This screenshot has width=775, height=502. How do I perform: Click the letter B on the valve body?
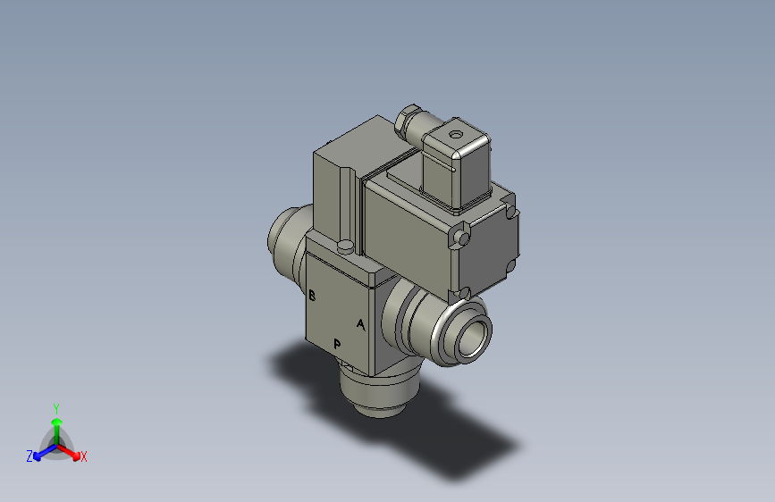[x=312, y=296]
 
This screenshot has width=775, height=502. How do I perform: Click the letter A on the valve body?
[x=360, y=324]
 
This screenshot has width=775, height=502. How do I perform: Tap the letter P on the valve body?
[x=337, y=344]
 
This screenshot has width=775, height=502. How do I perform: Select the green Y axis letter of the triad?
[x=56, y=406]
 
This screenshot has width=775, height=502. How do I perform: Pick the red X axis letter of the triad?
[x=84, y=457]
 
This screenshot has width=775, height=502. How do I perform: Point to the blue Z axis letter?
[x=29, y=456]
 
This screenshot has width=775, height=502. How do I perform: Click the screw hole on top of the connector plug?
[x=458, y=136]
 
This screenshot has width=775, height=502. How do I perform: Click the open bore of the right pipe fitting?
[x=474, y=335]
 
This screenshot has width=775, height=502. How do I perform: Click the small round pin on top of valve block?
[x=345, y=246]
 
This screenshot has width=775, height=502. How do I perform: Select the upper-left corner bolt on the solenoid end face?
[x=461, y=237]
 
